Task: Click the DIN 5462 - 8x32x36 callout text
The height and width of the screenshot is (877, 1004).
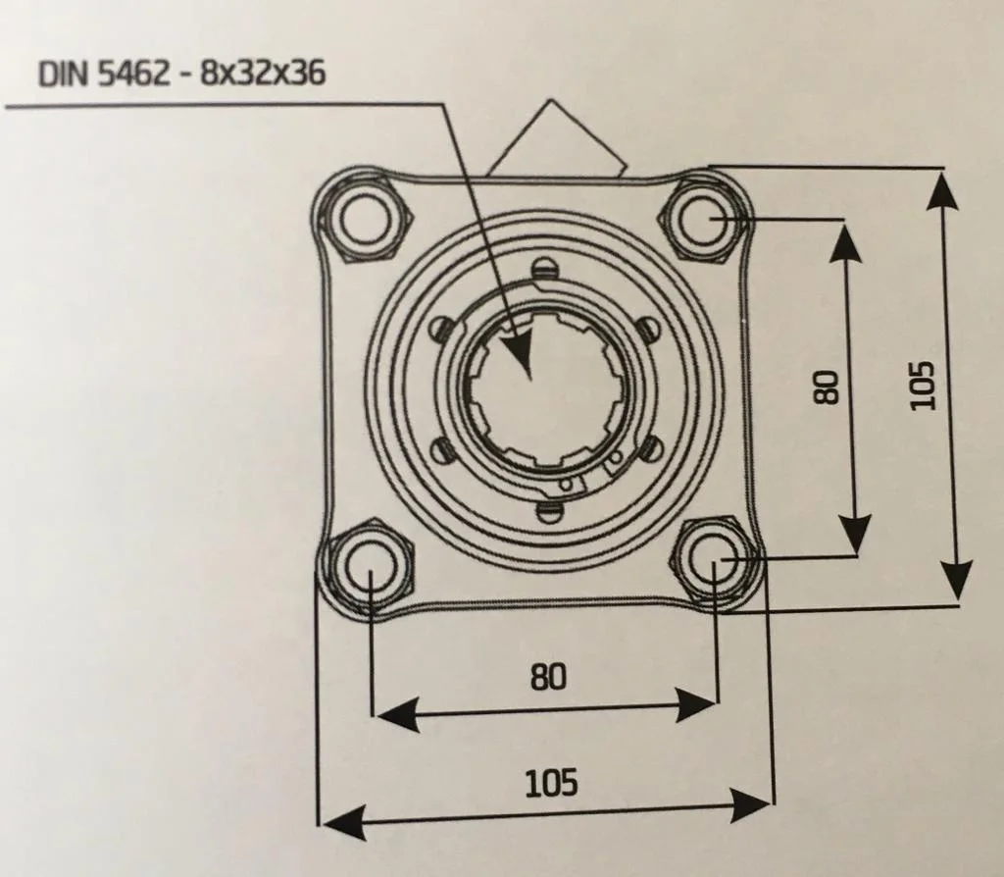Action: (181, 73)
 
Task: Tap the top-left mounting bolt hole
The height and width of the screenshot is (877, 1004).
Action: (365, 219)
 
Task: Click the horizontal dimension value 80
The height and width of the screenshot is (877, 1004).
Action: (549, 677)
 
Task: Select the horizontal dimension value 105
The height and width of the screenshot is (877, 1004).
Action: (551, 783)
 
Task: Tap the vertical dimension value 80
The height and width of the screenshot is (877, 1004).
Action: (826, 387)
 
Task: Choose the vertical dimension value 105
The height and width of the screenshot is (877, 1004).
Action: (923, 385)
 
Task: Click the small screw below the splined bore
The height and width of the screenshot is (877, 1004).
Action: (549, 511)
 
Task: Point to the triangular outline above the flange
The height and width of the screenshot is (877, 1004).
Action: (556, 137)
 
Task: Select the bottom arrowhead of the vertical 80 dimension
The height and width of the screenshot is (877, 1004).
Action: (855, 534)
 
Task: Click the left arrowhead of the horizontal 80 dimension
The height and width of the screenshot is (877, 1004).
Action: (397, 713)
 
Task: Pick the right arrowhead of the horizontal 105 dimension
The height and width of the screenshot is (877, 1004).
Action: (749, 805)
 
